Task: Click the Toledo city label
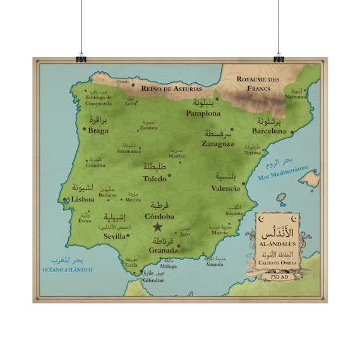[x=155, y=179]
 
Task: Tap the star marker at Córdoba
[x=157, y=227]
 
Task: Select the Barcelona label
[x=269, y=131]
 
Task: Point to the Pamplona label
[x=203, y=114]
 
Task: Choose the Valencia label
[x=225, y=188]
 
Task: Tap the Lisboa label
[x=83, y=199]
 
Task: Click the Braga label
[x=99, y=131]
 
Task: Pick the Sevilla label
[x=115, y=236]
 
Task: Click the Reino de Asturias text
[x=167, y=88]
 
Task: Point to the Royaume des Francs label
[x=258, y=83]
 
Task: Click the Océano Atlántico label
[x=68, y=270]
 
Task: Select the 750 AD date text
[x=279, y=276]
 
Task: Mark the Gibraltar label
[x=153, y=280]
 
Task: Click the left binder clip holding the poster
[x=81, y=58]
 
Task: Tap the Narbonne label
[x=296, y=97]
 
